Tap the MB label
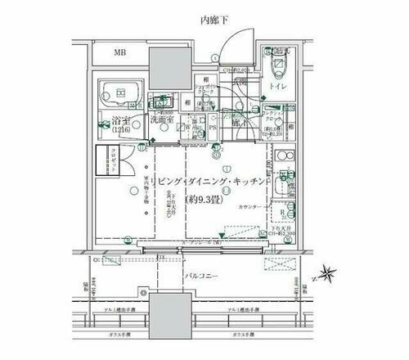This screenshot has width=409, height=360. click(119, 54)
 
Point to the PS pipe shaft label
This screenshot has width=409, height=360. click(213, 127)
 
